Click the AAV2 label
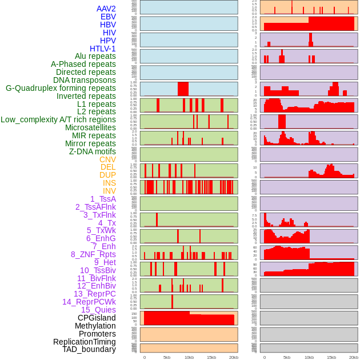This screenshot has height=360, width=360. [x=106, y=9]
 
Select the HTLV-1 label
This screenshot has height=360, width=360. [x=103, y=49]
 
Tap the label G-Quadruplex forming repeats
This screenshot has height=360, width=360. [x=61, y=89]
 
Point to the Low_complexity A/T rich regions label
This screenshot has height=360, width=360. [x=58, y=119]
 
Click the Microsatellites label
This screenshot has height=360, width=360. [x=90, y=127]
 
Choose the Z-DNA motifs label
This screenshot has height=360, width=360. [x=93, y=151]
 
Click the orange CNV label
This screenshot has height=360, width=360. [x=107, y=159]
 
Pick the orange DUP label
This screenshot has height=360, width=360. [x=107, y=175]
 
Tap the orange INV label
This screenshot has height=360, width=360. [x=109, y=191]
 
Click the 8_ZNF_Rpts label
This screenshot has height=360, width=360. [x=93, y=254]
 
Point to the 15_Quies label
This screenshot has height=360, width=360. [x=98, y=310]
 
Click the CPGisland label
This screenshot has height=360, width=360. [x=97, y=318]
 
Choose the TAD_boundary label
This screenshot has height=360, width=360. [x=89, y=349]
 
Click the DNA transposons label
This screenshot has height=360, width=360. [x=85, y=80]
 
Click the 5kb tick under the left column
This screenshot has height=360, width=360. [x=167, y=357]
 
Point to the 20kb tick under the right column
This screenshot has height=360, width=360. [x=354, y=357]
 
